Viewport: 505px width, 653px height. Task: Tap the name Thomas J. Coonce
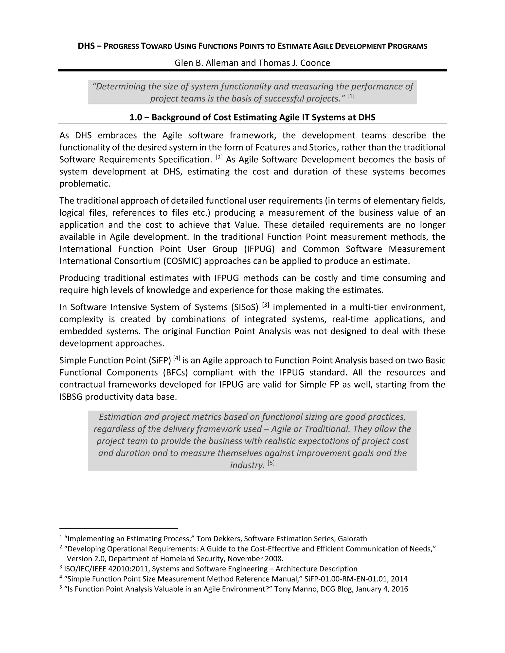point(294,63)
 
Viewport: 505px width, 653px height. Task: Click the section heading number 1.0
point(136,117)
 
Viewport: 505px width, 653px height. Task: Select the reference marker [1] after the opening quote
point(351,96)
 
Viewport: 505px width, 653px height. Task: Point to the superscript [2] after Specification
point(219,157)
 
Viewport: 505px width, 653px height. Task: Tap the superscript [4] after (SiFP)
point(177,358)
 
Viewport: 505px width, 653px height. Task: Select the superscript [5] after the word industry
point(271,463)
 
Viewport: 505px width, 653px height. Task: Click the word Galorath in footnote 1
point(352,538)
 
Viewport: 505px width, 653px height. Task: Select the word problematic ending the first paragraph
point(85,184)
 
